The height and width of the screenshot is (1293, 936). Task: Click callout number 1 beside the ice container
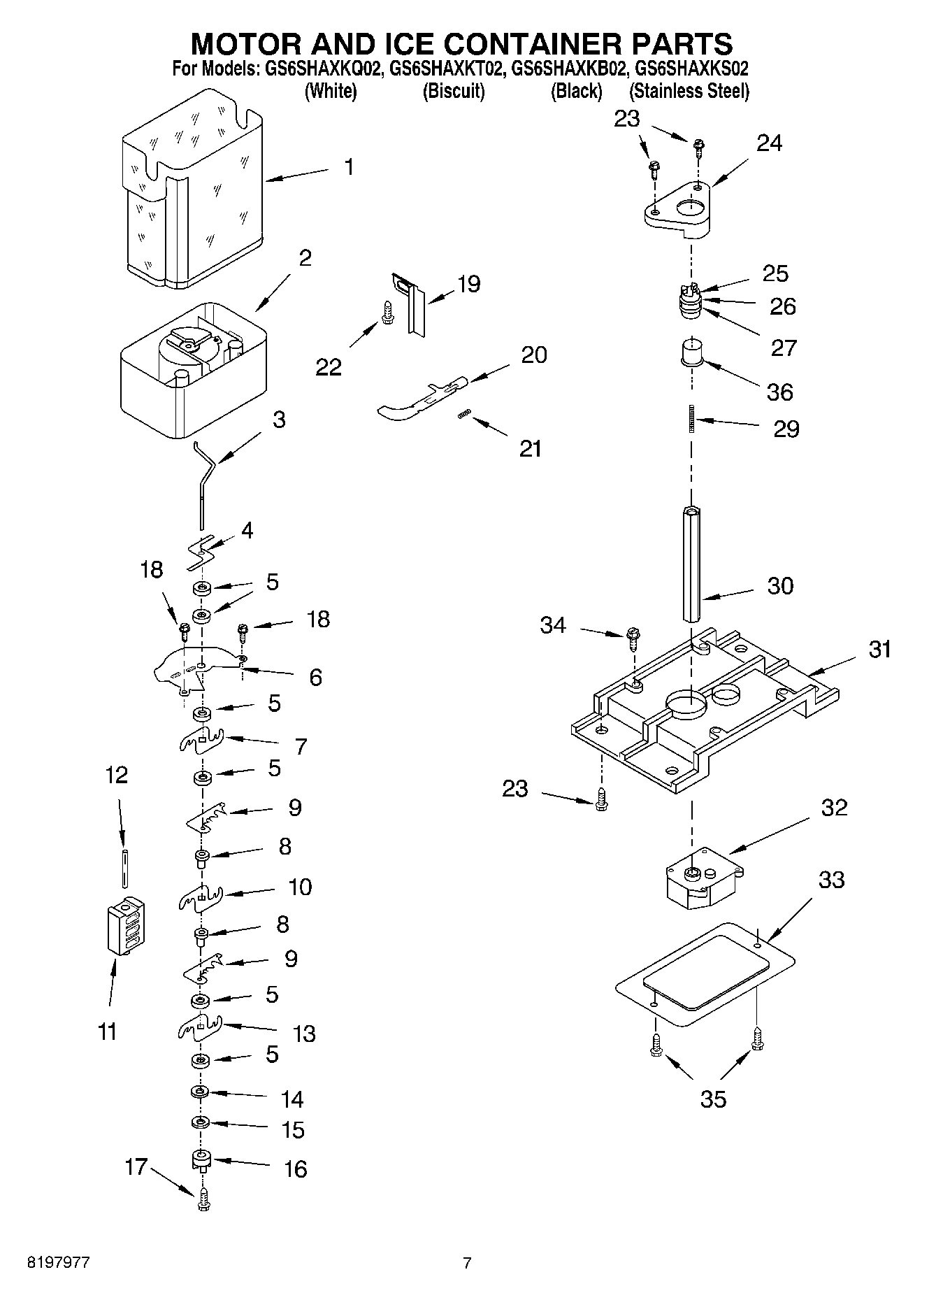pyautogui.click(x=349, y=167)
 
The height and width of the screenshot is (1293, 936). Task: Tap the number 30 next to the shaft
pyautogui.click(x=780, y=585)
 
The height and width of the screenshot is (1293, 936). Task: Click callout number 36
pyautogui.click(x=780, y=392)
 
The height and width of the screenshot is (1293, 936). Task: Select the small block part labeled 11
pyautogui.click(x=126, y=925)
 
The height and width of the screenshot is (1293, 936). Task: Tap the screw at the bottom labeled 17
pyautogui.click(x=203, y=1201)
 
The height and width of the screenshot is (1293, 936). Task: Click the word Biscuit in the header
pyautogui.click(x=454, y=91)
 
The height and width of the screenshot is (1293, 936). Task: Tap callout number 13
pyautogui.click(x=304, y=1033)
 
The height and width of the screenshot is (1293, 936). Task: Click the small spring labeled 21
pyautogui.click(x=462, y=415)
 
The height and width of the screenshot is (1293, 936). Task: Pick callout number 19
pyautogui.click(x=468, y=284)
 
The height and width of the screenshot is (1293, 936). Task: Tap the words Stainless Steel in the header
pyautogui.click(x=689, y=91)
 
